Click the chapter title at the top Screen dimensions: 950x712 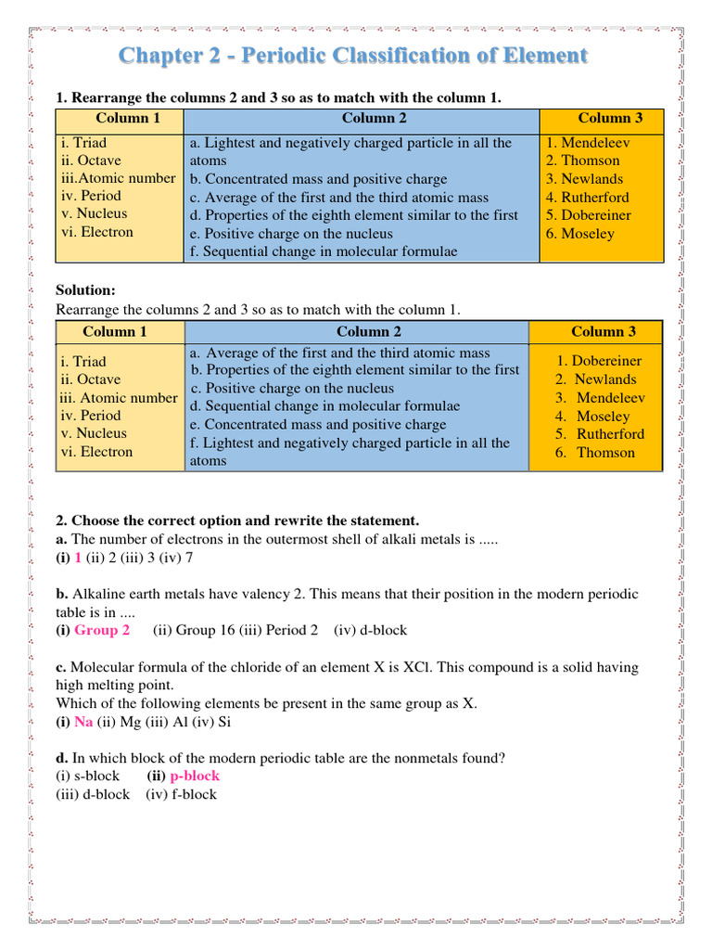[352, 56]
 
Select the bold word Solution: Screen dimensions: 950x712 [86, 290]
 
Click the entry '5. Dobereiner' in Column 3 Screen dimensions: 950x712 [589, 215]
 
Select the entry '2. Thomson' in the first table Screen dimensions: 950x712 [583, 160]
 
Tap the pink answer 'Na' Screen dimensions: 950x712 [83, 721]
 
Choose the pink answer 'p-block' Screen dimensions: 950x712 [195, 776]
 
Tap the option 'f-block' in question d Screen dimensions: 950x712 [193, 794]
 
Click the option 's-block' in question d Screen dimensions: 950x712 [96, 776]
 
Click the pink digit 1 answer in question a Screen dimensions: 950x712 [78, 558]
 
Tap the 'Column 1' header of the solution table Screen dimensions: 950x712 [115, 331]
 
